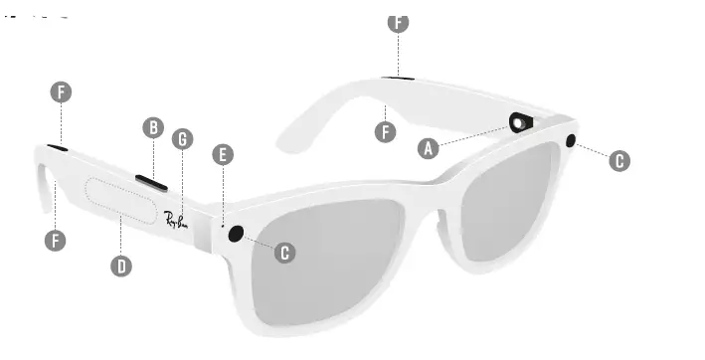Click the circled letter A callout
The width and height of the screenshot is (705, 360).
tap(429, 148)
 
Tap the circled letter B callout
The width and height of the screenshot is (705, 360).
tap(153, 127)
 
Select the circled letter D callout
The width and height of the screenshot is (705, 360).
tap(121, 266)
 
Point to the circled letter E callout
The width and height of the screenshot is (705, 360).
tap(223, 154)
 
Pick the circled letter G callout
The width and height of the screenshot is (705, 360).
tap(182, 139)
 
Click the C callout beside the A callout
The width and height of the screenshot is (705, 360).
tap(619, 160)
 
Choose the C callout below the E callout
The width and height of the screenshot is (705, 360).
tap(284, 253)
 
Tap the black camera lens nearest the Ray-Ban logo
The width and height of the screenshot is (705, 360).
tap(237, 234)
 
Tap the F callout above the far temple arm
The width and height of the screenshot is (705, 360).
tap(398, 22)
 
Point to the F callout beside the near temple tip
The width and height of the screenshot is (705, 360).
tap(57, 240)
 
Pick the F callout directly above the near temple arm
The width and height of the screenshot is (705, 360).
tap(61, 92)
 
